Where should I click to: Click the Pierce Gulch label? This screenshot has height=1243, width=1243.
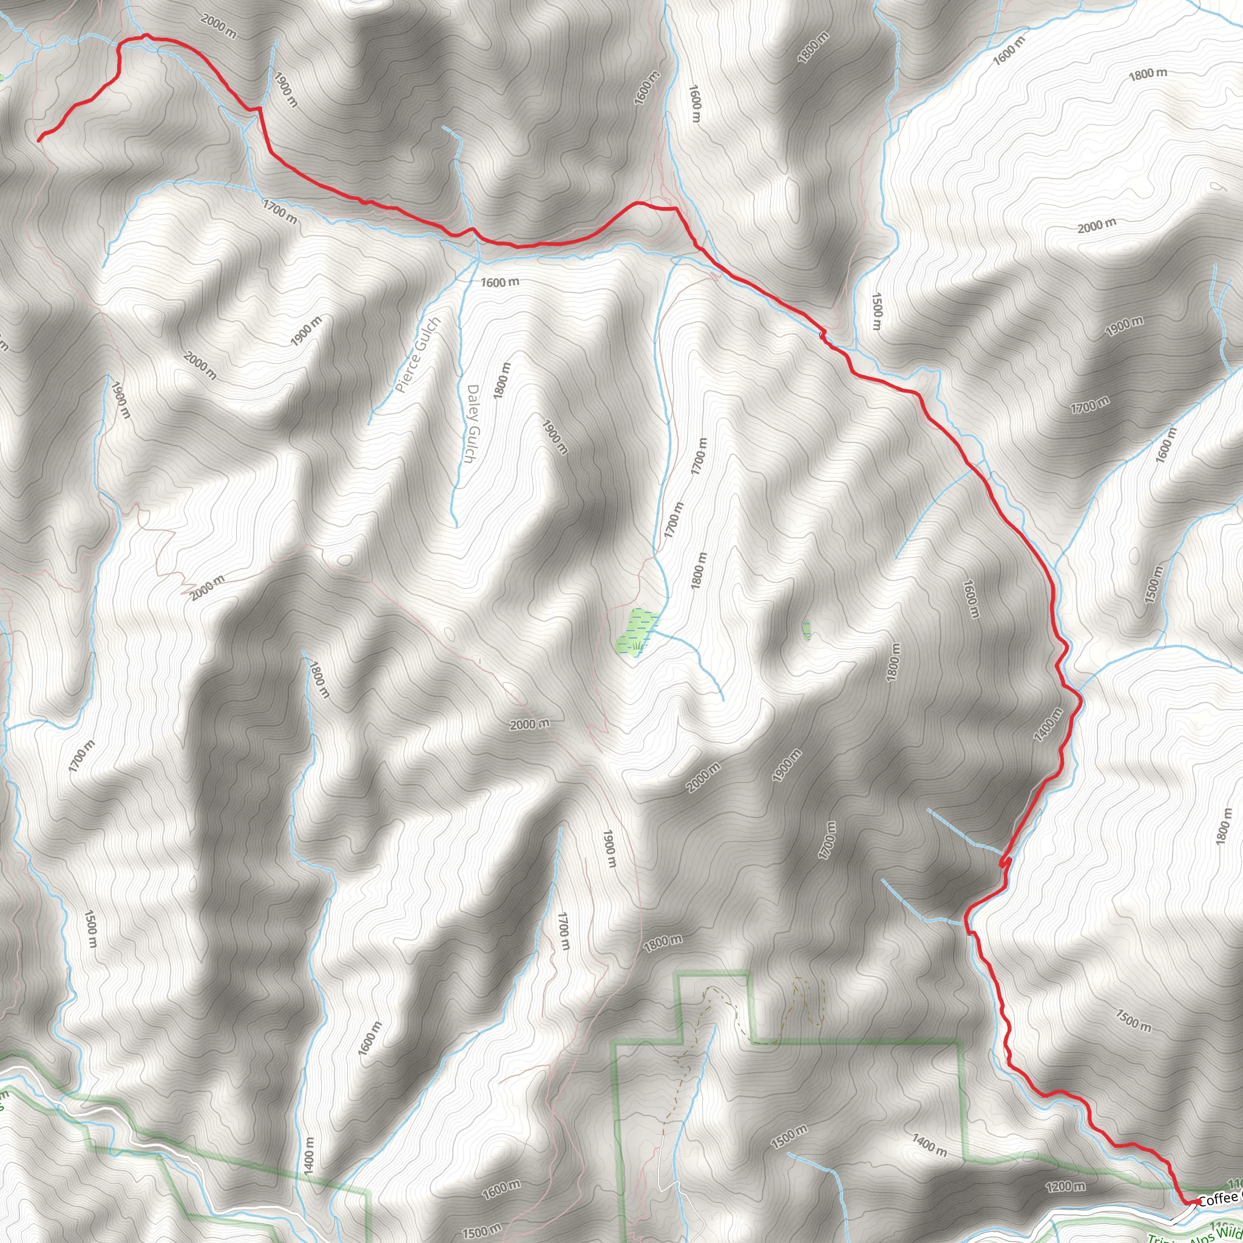(418, 354)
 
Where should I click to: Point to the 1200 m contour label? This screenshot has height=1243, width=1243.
(1065, 1186)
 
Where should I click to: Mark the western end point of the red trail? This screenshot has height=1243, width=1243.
(40, 139)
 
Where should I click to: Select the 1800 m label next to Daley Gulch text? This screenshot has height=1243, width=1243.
(503, 380)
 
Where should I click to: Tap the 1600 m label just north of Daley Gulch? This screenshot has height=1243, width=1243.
(500, 282)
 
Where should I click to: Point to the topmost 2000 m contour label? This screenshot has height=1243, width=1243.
(218, 26)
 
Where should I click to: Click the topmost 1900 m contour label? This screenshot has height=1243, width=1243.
(286, 89)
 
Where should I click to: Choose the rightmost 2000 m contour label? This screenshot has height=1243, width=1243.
(1097, 226)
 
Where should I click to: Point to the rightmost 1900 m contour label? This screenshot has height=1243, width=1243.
(1125, 326)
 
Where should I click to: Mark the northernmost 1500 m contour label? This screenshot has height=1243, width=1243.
(876, 311)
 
